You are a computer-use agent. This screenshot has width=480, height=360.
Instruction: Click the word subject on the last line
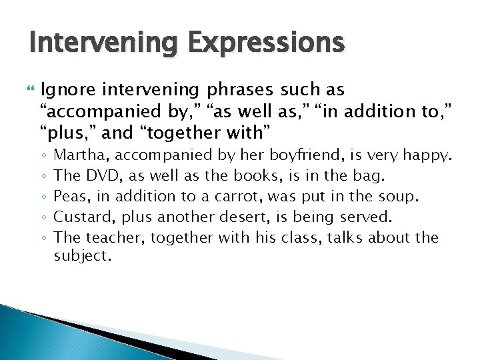(80, 256)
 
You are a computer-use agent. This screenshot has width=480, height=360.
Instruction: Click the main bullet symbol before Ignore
(27, 90)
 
